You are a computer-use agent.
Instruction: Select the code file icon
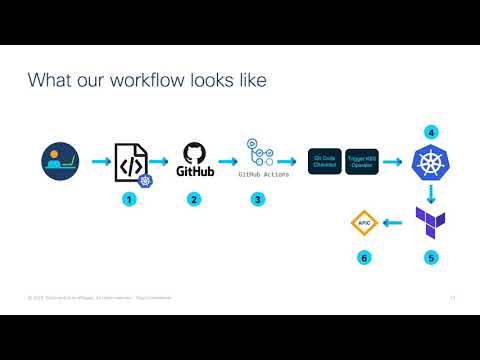tap(131, 161)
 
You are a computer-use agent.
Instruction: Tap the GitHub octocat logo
tap(195, 154)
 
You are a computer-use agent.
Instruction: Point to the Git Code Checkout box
tap(325, 161)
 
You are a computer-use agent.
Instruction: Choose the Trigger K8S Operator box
tap(362, 161)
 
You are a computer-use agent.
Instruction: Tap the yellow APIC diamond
tap(364, 222)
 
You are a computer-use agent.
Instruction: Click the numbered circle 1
tap(128, 199)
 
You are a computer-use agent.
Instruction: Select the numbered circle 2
tap(194, 199)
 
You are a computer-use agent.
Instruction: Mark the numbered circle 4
tap(431, 132)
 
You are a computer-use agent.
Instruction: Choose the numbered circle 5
tap(431, 258)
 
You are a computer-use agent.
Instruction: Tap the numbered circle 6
tap(364, 258)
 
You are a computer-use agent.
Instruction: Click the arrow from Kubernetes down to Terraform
tap(432, 192)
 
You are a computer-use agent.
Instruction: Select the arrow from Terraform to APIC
tap(397, 222)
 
